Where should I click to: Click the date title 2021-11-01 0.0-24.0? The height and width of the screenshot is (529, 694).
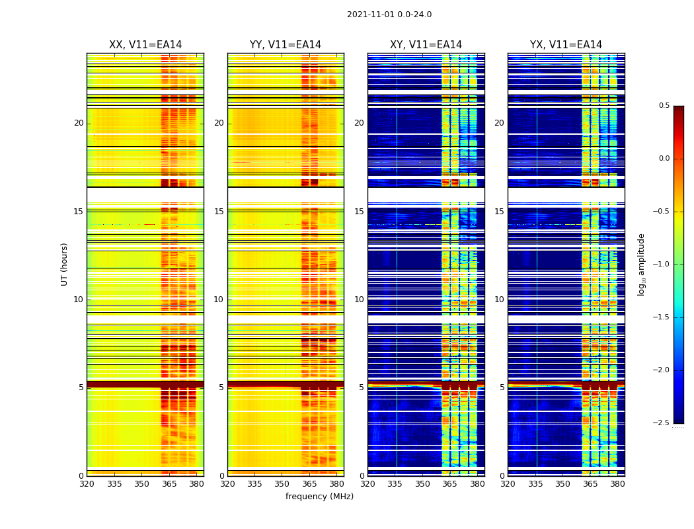coord(389,15)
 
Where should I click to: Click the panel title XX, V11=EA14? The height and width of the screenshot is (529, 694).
coord(145,45)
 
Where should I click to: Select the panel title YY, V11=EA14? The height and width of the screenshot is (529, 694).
coord(286,45)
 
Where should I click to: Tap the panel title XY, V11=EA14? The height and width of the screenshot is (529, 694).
coord(426,45)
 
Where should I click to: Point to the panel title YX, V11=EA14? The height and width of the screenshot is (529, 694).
coord(566,45)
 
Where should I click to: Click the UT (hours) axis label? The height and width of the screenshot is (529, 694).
coord(65,264)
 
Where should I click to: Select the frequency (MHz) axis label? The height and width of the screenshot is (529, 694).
coord(319,497)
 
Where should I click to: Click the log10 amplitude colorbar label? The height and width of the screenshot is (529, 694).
coord(641,264)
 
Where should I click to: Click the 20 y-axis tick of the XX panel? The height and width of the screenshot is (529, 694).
coord(79,123)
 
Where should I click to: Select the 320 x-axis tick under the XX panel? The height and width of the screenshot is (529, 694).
coord(87,484)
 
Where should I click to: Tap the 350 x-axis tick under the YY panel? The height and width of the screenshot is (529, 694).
coord(282,484)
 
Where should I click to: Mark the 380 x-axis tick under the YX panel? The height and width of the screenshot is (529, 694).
coord(617,484)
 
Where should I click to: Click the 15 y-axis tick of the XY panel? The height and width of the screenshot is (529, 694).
coord(359,212)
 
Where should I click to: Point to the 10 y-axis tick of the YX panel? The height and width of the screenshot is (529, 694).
coord(499,300)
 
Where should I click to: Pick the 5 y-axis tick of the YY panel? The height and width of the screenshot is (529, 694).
coord(221,387)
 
